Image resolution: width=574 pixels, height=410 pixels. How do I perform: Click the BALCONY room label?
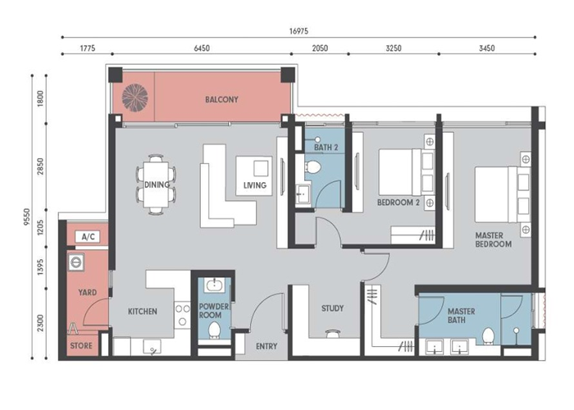tap(221, 99)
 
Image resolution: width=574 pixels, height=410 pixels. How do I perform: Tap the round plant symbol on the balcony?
tap(135, 98)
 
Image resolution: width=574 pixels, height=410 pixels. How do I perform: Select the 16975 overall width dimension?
tap(298, 31)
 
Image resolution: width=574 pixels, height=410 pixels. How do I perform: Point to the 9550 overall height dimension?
tap(27, 216)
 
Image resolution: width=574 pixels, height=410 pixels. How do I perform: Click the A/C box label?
tap(88, 237)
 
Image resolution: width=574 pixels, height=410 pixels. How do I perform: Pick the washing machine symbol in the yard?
tap(76, 262)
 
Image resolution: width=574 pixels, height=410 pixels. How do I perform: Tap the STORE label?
tap(81, 345)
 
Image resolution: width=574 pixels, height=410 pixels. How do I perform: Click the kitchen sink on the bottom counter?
tap(153, 347)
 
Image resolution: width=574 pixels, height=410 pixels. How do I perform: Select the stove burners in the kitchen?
tap(182, 315)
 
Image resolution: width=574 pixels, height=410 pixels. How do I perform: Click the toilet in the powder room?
tap(214, 330)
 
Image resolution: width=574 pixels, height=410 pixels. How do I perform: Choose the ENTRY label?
tap(266, 346)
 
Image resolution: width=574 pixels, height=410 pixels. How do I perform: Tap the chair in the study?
tap(333, 334)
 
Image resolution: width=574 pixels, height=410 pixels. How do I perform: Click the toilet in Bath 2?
tap(312, 167)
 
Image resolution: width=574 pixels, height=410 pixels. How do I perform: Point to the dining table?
tap(157, 184)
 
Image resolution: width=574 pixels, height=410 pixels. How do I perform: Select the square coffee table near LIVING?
tap(261, 169)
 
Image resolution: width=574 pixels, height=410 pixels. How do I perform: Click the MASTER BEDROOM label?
tap(493, 239)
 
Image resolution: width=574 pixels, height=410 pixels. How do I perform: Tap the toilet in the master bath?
tap(488, 336)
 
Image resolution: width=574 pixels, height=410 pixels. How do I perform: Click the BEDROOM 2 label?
tap(399, 203)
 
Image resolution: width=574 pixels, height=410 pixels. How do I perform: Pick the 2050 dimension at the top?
tap(320, 48)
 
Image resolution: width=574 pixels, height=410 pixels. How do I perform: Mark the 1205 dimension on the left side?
tap(41, 227)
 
